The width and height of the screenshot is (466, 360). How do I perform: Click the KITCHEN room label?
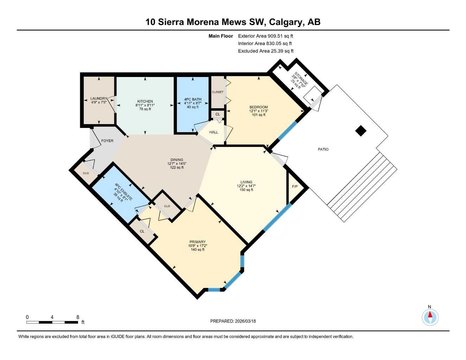(x=145, y=101)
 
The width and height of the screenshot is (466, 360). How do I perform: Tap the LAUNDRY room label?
(x=98, y=99)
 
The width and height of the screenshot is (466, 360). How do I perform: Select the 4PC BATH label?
(x=193, y=99)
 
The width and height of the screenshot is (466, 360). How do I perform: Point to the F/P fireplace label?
(x=295, y=187)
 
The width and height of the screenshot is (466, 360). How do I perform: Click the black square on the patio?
(x=360, y=131)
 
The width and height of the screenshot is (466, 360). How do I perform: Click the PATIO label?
(x=323, y=149)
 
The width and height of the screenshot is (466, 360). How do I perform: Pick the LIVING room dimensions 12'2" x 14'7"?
(x=246, y=186)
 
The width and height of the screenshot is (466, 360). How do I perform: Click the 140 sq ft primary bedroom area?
(x=197, y=250)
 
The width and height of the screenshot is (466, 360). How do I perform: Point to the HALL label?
(x=213, y=132)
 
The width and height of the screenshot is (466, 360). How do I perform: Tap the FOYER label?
(x=107, y=141)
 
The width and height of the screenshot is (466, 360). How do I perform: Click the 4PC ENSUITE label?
(x=123, y=192)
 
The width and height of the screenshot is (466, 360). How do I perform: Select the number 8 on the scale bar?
(x=78, y=317)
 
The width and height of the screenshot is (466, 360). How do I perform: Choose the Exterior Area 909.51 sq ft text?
(x=266, y=36)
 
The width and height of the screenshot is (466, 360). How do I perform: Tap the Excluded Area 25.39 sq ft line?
(x=266, y=51)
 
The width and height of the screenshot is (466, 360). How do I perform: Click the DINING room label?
(x=177, y=160)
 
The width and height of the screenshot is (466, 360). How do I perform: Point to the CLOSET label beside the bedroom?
(x=217, y=92)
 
